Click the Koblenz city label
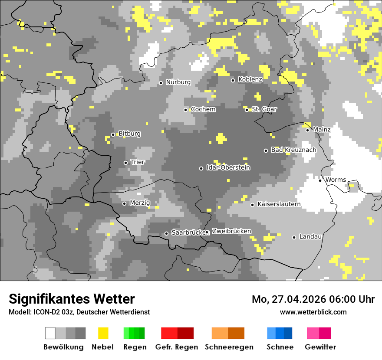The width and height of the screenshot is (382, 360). (x=250, y=80)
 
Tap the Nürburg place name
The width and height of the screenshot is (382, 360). (x=178, y=82)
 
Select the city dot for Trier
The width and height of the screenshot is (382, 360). (x=126, y=163)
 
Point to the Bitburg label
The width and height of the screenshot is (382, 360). (x=129, y=134)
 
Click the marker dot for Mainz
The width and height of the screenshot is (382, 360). (x=307, y=130)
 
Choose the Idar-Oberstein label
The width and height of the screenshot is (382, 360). (x=228, y=168)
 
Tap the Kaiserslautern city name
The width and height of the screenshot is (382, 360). (x=279, y=204)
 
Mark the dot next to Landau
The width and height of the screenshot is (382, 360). (x=294, y=237)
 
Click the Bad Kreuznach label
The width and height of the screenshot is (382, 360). (x=293, y=150)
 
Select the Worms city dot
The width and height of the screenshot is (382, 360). (x=320, y=180)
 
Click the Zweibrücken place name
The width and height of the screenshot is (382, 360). (x=231, y=232)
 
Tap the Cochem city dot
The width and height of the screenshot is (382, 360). (x=185, y=110)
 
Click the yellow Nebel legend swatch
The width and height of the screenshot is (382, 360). (x=103, y=333)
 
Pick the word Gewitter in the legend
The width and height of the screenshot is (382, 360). (x=320, y=347)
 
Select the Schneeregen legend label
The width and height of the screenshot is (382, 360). (x=229, y=347)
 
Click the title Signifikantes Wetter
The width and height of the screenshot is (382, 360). (x=72, y=299)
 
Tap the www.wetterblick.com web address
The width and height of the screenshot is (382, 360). (x=313, y=312)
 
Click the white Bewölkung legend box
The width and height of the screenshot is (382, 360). (x=50, y=333)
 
